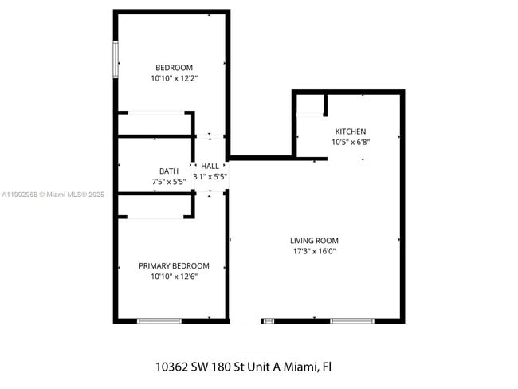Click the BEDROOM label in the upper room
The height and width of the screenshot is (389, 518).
(x=174, y=68)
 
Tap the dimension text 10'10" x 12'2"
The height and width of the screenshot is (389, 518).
(x=174, y=79)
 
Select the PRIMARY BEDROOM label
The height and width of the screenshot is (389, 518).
(x=174, y=266)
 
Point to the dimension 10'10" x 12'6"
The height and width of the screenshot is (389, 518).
(x=174, y=277)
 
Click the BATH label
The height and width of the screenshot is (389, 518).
(x=169, y=171)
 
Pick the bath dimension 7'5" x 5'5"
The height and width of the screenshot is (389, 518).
(x=169, y=182)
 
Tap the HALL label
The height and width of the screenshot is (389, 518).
(x=210, y=166)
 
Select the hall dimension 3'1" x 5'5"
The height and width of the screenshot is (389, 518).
(x=210, y=176)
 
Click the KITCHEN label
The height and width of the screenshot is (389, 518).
(x=351, y=132)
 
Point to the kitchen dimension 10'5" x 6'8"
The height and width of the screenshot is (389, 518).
(x=351, y=143)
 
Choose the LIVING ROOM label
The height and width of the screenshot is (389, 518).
(x=314, y=241)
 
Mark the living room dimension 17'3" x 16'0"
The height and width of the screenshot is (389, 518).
(x=314, y=251)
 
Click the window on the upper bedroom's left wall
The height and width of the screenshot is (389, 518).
(x=116, y=59)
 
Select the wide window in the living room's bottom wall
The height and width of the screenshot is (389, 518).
(x=352, y=320)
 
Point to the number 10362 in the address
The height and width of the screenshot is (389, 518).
(x=172, y=367)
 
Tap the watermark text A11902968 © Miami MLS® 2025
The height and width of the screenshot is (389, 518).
(x=53, y=194)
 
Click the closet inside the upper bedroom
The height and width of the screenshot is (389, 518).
(x=155, y=124)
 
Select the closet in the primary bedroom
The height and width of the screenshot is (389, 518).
(x=155, y=206)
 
